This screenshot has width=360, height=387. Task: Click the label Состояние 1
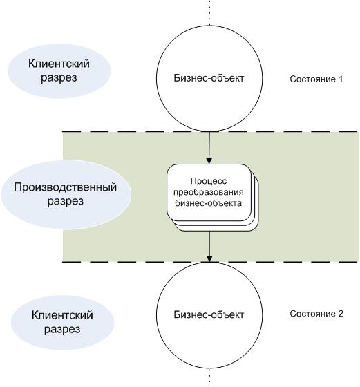(x=316, y=79)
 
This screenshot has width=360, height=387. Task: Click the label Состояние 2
(x=316, y=314)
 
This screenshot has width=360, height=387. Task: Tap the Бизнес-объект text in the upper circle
(x=209, y=78)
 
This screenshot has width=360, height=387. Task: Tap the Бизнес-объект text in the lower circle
(x=209, y=314)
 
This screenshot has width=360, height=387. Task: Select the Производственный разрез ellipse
(x=66, y=194)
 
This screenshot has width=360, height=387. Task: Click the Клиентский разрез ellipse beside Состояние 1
(x=59, y=70)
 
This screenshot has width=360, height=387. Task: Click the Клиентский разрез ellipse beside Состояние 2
(x=62, y=322)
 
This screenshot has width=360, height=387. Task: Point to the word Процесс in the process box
(x=209, y=181)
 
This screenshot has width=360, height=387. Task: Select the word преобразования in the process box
(x=209, y=192)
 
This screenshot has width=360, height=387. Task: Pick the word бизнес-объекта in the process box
(x=209, y=203)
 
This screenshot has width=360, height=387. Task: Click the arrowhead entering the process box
(x=209, y=160)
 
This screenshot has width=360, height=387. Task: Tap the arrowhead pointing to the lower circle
(x=209, y=258)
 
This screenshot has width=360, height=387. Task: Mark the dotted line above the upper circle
(x=209, y=12)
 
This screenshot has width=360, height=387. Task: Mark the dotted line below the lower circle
(x=209, y=377)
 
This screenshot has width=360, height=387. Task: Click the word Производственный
(x=65, y=187)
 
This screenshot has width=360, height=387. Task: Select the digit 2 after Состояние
(x=341, y=314)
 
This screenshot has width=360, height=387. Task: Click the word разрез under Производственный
(x=66, y=201)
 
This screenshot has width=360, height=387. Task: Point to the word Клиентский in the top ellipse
(x=59, y=64)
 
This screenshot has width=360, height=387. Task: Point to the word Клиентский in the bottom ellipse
(x=62, y=315)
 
